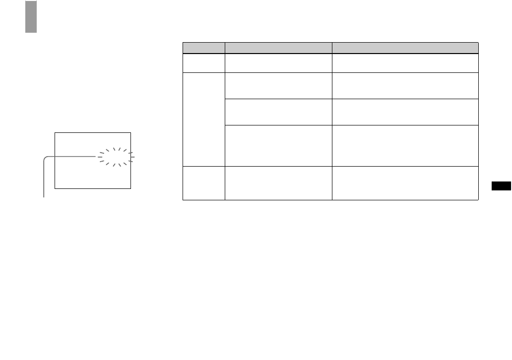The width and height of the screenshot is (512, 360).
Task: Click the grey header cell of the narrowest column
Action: pos(203,48)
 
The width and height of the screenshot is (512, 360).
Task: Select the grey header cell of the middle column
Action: pos(278,48)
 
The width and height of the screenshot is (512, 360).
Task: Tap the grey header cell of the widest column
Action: pos(405,48)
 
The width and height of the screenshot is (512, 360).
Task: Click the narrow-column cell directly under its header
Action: pos(203,63)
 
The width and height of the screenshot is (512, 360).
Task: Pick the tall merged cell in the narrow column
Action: pos(203,119)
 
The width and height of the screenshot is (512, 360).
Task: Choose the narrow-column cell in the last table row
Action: pos(203,182)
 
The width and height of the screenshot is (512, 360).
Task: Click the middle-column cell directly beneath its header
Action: pos(278,63)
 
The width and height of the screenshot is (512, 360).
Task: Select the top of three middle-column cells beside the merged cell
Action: pos(278,85)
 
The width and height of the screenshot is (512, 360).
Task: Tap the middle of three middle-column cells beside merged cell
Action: pos(278,112)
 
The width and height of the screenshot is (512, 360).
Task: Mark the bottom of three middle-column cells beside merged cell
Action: pos(278,145)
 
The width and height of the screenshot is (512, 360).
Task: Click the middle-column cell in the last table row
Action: pos(278,182)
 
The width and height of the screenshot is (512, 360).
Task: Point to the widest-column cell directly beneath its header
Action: pos(405,63)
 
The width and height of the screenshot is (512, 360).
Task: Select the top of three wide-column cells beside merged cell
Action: pos(405,85)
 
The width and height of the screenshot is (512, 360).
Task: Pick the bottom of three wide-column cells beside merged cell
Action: pos(405,145)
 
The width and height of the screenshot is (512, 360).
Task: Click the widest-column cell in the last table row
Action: pos(405,182)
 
